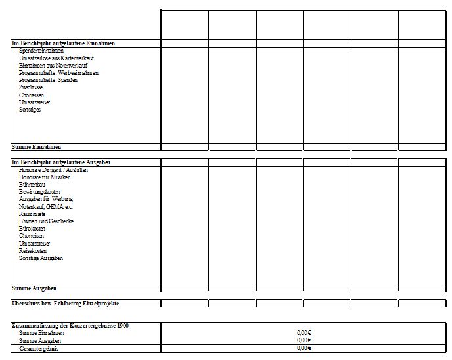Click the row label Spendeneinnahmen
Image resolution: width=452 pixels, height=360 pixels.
[x=41, y=50]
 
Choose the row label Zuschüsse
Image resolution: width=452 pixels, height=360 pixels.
[x=31, y=87]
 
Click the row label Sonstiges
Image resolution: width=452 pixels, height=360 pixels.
[x=30, y=110]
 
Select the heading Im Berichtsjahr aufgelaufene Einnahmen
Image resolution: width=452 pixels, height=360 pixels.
[x=63, y=43]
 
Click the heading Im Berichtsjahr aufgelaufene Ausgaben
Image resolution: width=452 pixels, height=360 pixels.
[x=61, y=162]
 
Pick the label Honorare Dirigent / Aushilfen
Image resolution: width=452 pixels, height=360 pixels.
[x=53, y=169]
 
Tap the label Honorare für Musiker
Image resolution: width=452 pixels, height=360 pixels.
[x=44, y=177]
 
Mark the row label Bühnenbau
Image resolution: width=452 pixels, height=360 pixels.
[x=32, y=185]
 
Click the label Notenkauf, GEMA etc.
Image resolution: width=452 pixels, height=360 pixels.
[x=45, y=207]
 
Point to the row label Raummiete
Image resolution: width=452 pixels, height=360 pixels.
[x=32, y=214]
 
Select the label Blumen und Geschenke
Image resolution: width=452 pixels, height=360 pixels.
[x=46, y=221]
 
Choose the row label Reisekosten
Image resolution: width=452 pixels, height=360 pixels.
[x=33, y=251]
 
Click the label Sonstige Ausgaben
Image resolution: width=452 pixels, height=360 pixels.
[x=41, y=258]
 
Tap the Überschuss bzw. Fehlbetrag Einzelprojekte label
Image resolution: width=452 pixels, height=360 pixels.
[x=65, y=304]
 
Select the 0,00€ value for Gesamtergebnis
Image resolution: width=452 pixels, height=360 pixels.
[x=304, y=348]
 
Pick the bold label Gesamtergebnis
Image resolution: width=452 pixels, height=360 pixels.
[x=39, y=348]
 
